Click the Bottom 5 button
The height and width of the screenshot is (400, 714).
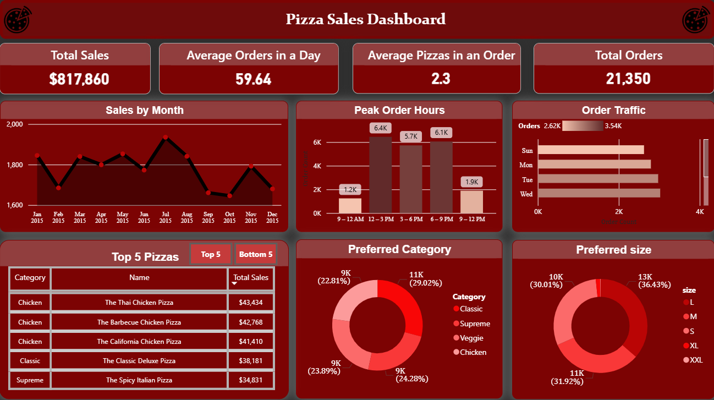click(256, 254)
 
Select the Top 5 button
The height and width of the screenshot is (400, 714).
click(211, 254)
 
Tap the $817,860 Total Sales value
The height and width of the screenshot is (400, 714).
click(79, 79)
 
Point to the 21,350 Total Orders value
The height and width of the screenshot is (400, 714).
click(628, 79)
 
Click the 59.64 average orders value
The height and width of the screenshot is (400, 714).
click(253, 79)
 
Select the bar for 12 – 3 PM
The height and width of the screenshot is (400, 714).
click(380, 175)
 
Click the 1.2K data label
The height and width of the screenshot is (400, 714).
click(350, 190)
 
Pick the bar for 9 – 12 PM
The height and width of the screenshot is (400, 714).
click(471, 201)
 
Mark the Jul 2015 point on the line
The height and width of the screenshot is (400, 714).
click(165, 137)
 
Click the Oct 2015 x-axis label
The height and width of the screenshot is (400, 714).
click(229, 217)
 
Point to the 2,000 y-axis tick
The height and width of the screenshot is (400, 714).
click(15, 124)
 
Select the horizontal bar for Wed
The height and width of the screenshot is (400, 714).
click(598, 193)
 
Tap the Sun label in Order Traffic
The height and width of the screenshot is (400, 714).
click(526, 150)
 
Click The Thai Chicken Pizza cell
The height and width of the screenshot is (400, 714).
click(139, 303)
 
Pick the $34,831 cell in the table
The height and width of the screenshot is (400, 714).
click(251, 380)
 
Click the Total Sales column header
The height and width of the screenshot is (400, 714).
click(251, 278)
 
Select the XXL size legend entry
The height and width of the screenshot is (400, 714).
click(696, 360)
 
